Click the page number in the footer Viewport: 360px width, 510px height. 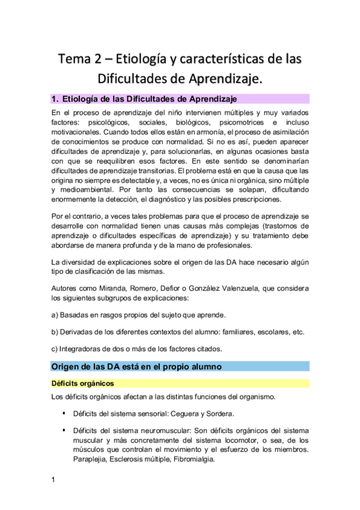[x=53, y=479]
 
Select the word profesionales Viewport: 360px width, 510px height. [x=218, y=244]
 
